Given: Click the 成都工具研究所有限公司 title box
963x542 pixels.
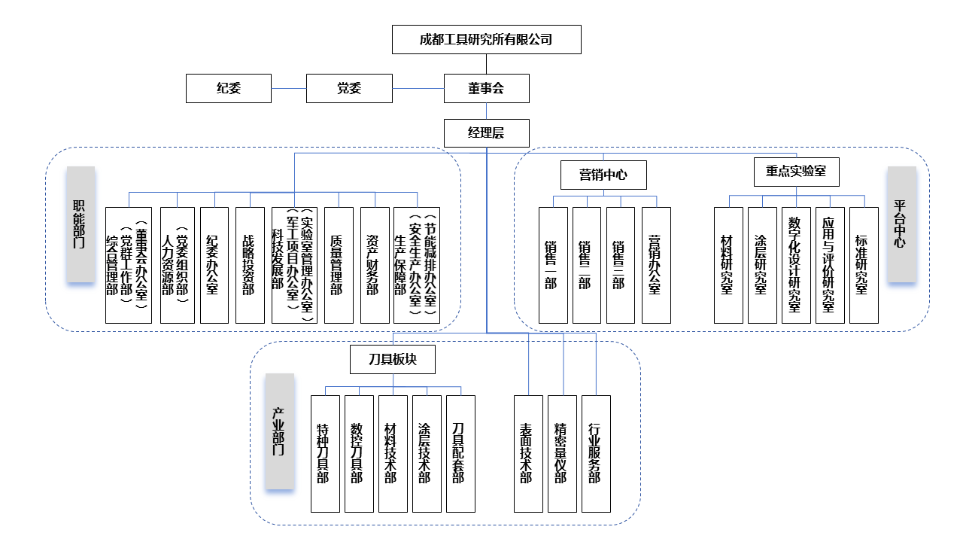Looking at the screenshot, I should click(x=486, y=39).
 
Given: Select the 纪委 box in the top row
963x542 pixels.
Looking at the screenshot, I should click(x=229, y=88).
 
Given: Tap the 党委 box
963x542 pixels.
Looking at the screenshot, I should click(x=349, y=88).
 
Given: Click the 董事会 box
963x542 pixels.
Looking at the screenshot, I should click(x=486, y=88).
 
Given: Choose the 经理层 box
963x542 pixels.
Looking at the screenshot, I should click(x=486, y=133).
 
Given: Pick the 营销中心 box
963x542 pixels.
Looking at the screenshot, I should click(x=603, y=175).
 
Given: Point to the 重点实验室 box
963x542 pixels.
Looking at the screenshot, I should click(x=796, y=171).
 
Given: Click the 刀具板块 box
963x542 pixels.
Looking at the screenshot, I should click(x=393, y=359).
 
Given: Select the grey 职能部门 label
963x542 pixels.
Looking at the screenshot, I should click(x=81, y=224).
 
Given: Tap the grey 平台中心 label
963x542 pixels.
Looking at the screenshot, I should click(x=901, y=224).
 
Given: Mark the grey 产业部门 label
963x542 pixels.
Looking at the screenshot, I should click(x=279, y=431).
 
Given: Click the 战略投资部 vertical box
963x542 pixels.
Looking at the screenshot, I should click(x=249, y=265).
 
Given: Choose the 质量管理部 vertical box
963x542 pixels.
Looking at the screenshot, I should click(x=339, y=265).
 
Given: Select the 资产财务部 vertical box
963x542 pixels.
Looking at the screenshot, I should click(x=374, y=265).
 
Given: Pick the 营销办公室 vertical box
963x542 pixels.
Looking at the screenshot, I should click(x=656, y=265).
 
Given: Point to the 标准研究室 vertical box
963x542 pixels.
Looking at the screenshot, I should click(x=863, y=265).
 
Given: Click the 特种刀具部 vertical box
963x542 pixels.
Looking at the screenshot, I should click(x=325, y=453).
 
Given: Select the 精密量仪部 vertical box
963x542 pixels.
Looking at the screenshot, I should click(x=561, y=453).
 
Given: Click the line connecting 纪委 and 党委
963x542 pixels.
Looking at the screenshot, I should click(x=289, y=88).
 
